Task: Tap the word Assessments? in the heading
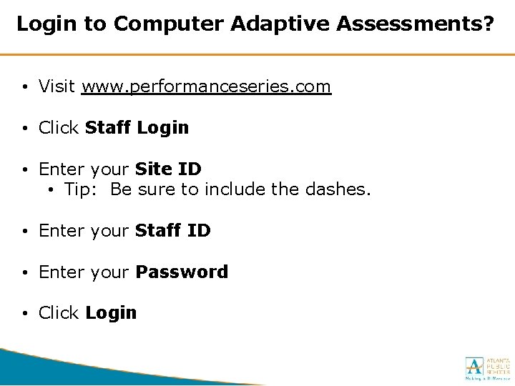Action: (415, 24)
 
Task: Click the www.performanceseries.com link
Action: (206, 87)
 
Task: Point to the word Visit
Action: (57, 86)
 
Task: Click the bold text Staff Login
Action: (137, 128)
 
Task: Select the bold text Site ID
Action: (168, 169)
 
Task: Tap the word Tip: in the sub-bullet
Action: (83, 189)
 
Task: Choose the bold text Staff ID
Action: (172, 231)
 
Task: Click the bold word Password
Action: (182, 272)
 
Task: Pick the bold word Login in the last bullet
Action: (110, 313)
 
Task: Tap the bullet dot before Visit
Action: (25, 88)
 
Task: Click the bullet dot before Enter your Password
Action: (25, 273)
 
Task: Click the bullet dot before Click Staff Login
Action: (25, 129)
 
